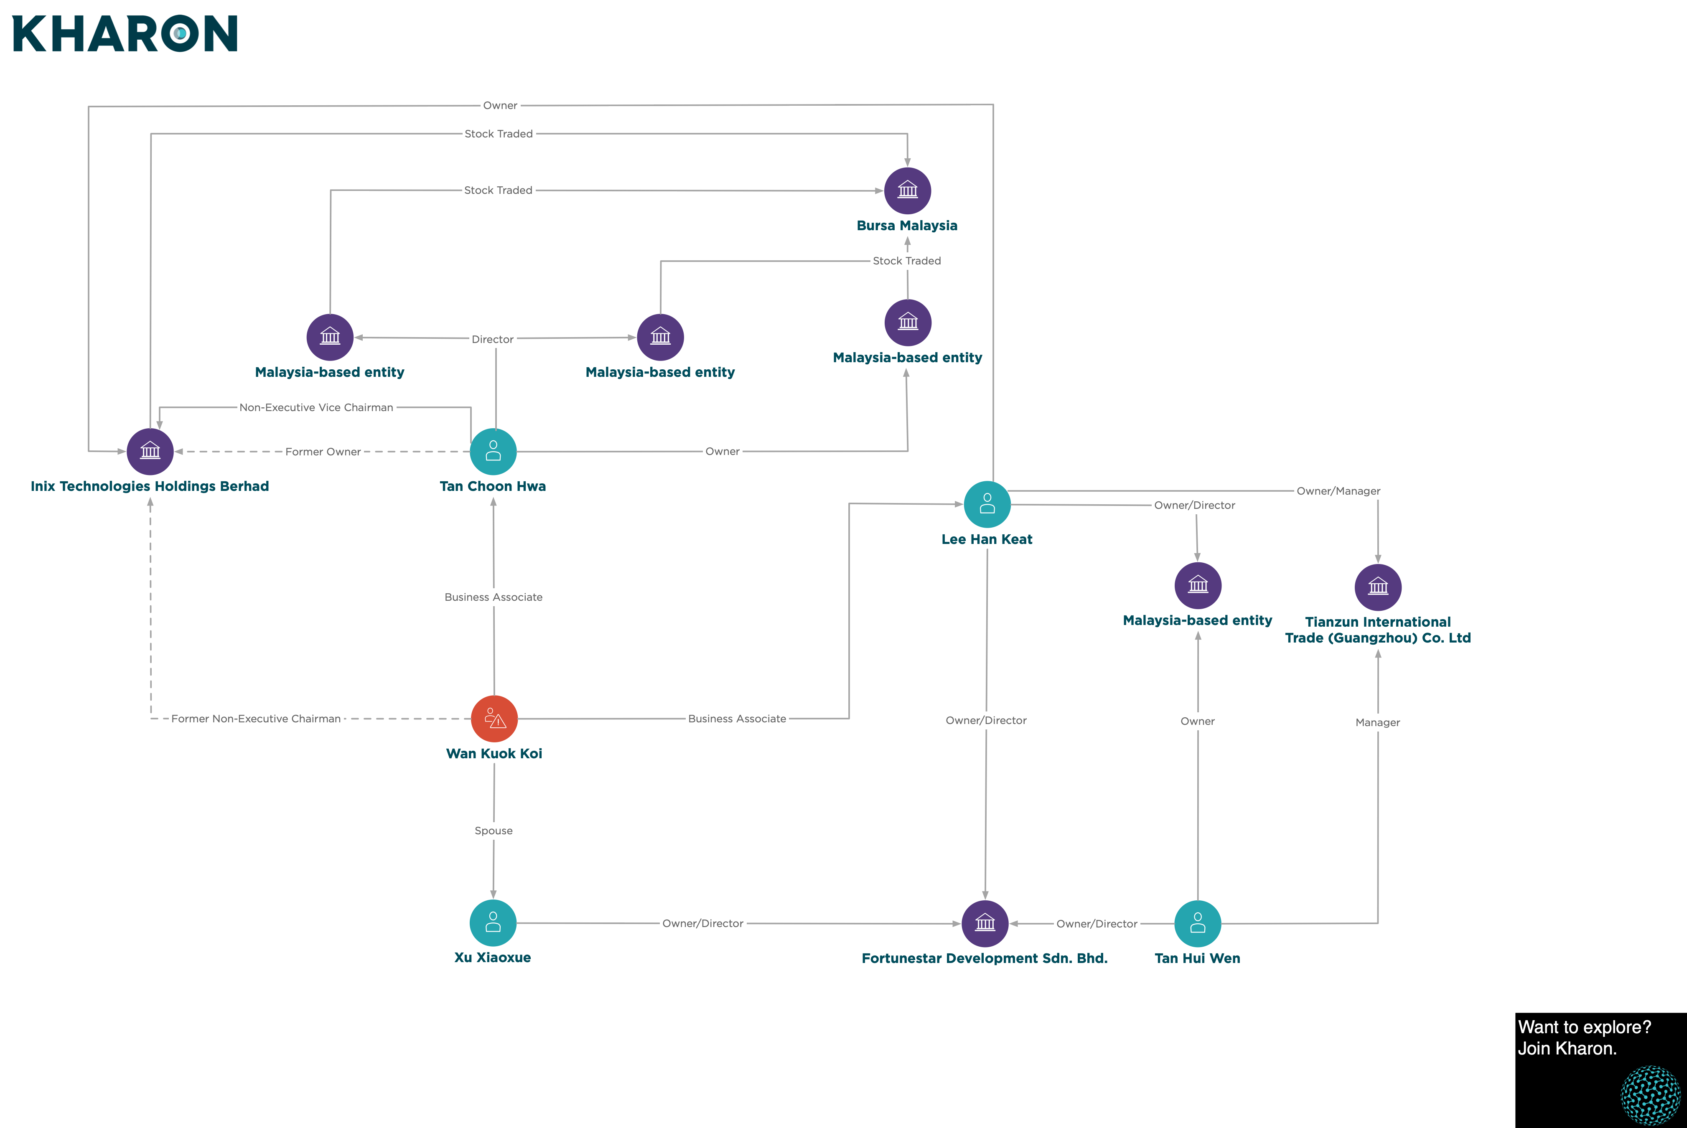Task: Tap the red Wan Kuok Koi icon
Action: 494,719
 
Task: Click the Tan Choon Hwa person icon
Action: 494,452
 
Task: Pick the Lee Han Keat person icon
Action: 987,504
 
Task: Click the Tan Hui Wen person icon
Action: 1198,924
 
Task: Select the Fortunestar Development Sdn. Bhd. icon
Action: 985,924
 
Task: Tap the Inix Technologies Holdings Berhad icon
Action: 150,452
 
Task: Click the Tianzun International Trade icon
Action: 1378,587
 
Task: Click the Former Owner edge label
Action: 323,452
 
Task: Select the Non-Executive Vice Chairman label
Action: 316,407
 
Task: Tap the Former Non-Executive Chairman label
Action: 256,719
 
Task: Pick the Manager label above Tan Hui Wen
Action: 1378,722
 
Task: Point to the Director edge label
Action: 493,339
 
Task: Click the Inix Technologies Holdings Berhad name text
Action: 150,486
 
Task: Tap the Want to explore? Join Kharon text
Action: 1585,1037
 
